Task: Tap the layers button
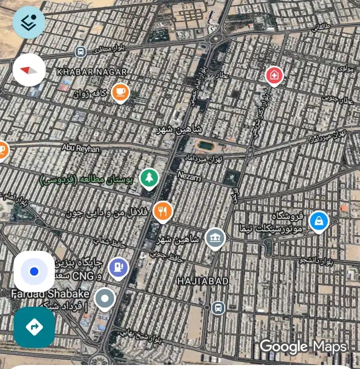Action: pyautogui.click(x=29, y=22)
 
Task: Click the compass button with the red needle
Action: pyautogui.click(x=29, y=70)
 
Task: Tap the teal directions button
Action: pyautogui.click(x=34, y=327)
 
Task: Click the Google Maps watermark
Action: pyautogui.click(x=303, y=346)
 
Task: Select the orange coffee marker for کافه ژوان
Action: pyautogui.click(x=120, y=91)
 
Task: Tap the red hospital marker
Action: pyautogui.click(x=274, y=76)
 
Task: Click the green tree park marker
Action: pyautogui.click(x=149, y=177)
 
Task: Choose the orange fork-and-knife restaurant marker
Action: pyautogui.click(x=162, y=211)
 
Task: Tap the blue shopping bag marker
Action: pyautogui.click(x=318, y=221)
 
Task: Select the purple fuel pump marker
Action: pyautogui.click(x=118, y=266)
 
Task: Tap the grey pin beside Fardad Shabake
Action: pyautogui.click(x=105, y=299)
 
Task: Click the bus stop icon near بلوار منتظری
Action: pyautogui.click(x=80, y=52)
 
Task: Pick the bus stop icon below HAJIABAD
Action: pyautogui.click(x=218, y=307)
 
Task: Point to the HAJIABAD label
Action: pyautogui.click(x=204, y=281)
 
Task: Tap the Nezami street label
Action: pyautogui.click(x=190, y=175)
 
